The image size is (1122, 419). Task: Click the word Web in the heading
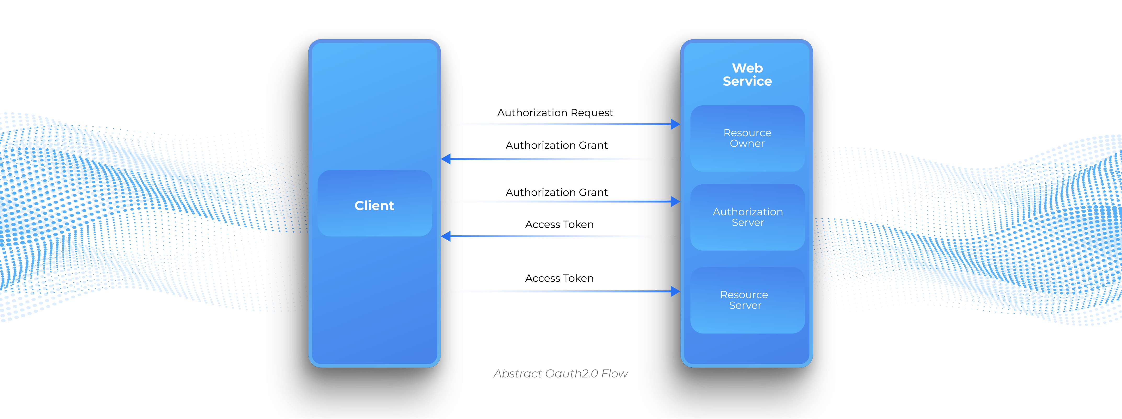click(747, 68)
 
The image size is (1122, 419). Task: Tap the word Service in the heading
click(747, 81)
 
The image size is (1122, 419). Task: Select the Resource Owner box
click(747, 138)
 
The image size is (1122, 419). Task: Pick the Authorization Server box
click(747, 217)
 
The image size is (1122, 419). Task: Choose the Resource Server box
click(747, 300)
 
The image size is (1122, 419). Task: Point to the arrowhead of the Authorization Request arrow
click(675, 124)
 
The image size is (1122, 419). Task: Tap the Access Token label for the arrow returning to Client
click(559, 224)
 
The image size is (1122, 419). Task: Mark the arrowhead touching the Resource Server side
click(675, 291)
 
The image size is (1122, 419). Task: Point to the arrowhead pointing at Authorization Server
click(675, 201)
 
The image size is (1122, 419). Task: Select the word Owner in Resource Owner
click(747, 144)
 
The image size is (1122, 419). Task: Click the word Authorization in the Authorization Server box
click(747, 212)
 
